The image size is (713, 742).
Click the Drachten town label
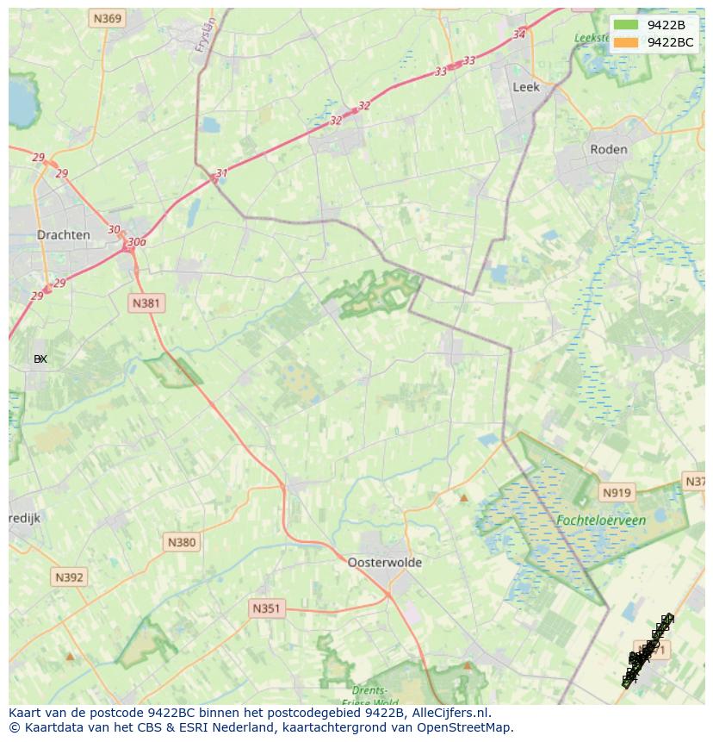pos(64,235)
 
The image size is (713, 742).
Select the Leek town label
pos(525,87)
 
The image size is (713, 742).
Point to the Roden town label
pos(609,149)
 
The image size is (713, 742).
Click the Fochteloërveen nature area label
pos(601,521)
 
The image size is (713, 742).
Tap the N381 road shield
pos(146,303)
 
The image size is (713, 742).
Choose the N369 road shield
pos(108,18)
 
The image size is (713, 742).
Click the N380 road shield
pos(181,542)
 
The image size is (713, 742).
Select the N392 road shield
pos(69,577)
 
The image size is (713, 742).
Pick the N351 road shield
pos(266,608)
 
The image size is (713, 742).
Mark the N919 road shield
pos(617,493)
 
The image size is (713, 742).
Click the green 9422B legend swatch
pos(626,25)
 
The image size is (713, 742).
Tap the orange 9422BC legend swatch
pos(626,41)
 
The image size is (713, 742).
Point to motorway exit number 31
pos(222,173)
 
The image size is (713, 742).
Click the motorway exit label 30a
pos(136,242)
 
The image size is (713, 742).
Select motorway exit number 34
pos(518,34)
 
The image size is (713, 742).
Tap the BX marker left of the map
pos(40,359)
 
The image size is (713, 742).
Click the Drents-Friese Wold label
pos(370,696)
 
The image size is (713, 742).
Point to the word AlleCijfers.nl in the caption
pos(450,713)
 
